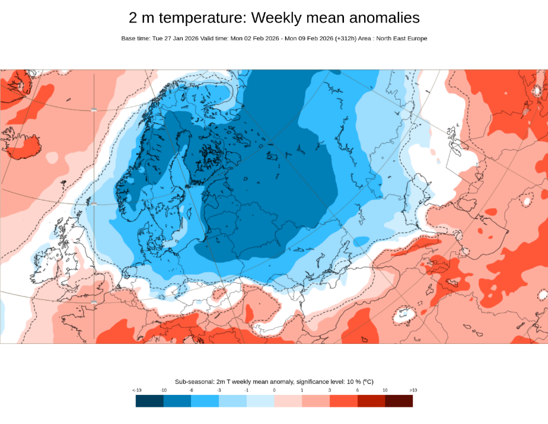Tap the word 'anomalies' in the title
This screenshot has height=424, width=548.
378,18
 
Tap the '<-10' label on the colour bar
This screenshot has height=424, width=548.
136,390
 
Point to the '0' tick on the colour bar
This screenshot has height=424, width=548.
274,390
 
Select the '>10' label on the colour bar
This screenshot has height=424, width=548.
413,390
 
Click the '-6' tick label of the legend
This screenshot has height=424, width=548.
191,390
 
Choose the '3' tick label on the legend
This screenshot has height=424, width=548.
330,390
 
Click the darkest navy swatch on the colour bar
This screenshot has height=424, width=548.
149,401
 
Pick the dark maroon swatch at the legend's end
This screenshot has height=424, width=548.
399,401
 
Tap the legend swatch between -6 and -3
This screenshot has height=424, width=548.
205,401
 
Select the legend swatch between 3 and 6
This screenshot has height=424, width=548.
343,401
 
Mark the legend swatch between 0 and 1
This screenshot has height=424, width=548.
288,401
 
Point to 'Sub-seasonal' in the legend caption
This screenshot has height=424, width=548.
193,381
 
